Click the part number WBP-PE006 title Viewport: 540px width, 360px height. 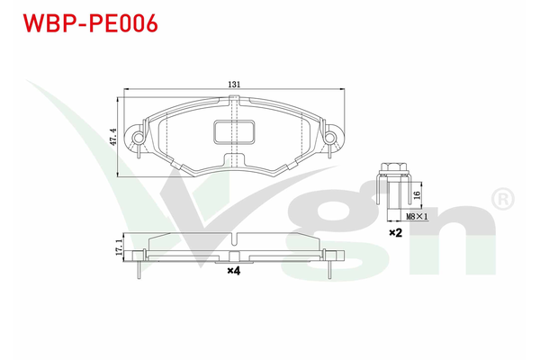tap(89, 23)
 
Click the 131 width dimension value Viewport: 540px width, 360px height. tap(234, 85)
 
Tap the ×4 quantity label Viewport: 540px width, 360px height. tap(233, 271)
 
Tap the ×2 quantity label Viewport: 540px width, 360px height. tap(393, 233)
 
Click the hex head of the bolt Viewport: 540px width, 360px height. tap(392, 167)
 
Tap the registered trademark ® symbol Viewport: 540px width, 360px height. tap(500, 196)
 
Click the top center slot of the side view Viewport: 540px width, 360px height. tap(233, 239)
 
